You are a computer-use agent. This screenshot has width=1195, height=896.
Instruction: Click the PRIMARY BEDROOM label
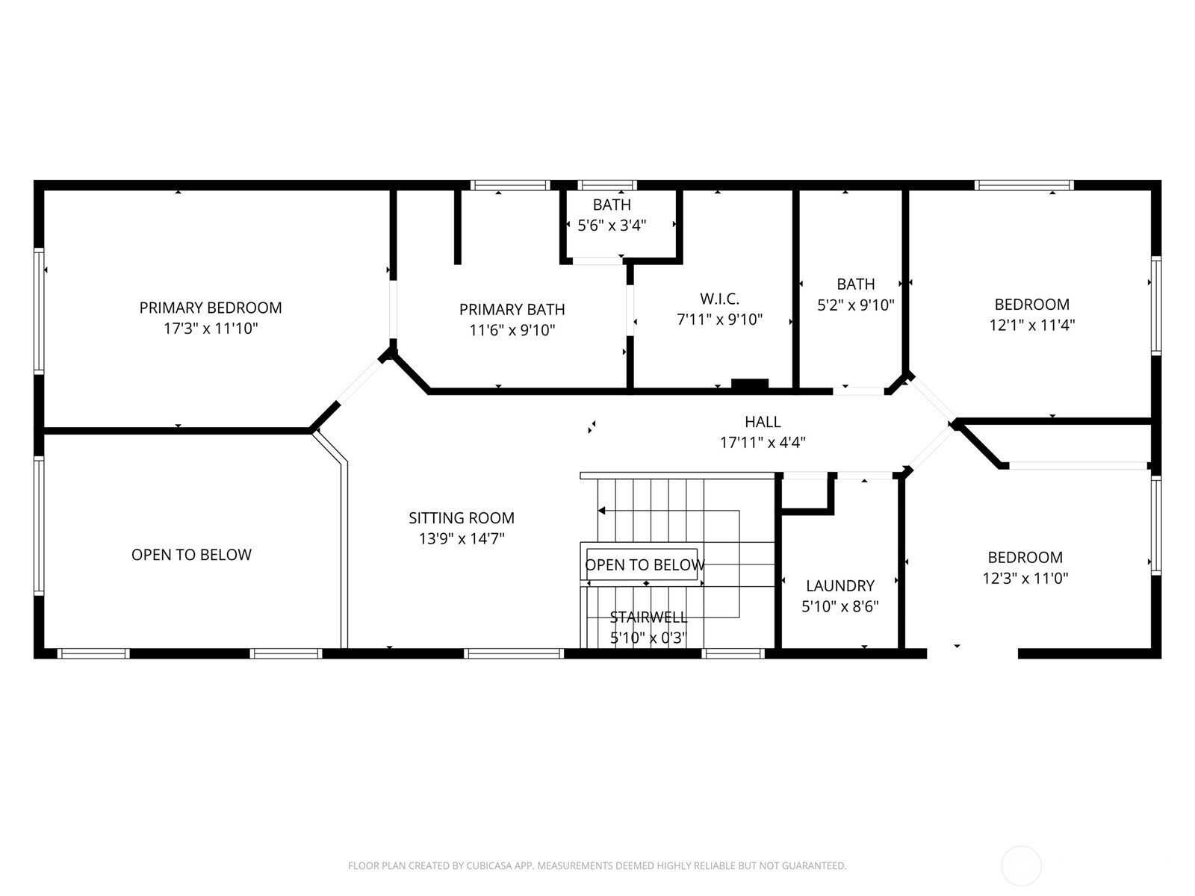211,308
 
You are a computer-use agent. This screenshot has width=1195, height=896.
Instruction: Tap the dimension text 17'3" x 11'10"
211,329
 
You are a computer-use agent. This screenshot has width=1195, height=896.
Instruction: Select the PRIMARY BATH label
512,309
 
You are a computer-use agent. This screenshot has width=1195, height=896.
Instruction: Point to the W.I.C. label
719,299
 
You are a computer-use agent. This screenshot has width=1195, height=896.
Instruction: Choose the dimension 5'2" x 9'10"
855,305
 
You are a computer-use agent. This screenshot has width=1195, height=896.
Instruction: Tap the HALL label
763,422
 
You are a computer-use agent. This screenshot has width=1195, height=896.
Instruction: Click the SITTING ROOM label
461,517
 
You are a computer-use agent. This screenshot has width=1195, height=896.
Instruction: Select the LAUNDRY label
839,585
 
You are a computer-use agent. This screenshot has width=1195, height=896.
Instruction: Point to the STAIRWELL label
648,617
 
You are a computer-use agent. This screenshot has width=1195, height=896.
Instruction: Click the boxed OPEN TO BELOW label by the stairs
644,564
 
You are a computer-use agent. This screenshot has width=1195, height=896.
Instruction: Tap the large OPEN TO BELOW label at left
191,554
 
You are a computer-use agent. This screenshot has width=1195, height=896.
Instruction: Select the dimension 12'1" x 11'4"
1031,325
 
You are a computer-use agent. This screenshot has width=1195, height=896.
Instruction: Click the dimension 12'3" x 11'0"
1025,578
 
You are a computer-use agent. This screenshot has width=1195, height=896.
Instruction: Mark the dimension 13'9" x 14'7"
461,538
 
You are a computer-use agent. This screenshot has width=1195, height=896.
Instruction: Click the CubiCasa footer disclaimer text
597,866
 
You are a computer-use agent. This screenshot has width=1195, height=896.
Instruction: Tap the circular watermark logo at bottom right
1020,866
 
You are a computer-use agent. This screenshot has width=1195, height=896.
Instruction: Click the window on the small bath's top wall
607,185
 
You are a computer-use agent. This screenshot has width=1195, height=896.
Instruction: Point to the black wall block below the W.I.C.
749,385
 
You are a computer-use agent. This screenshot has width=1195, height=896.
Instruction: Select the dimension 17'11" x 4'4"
763,443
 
